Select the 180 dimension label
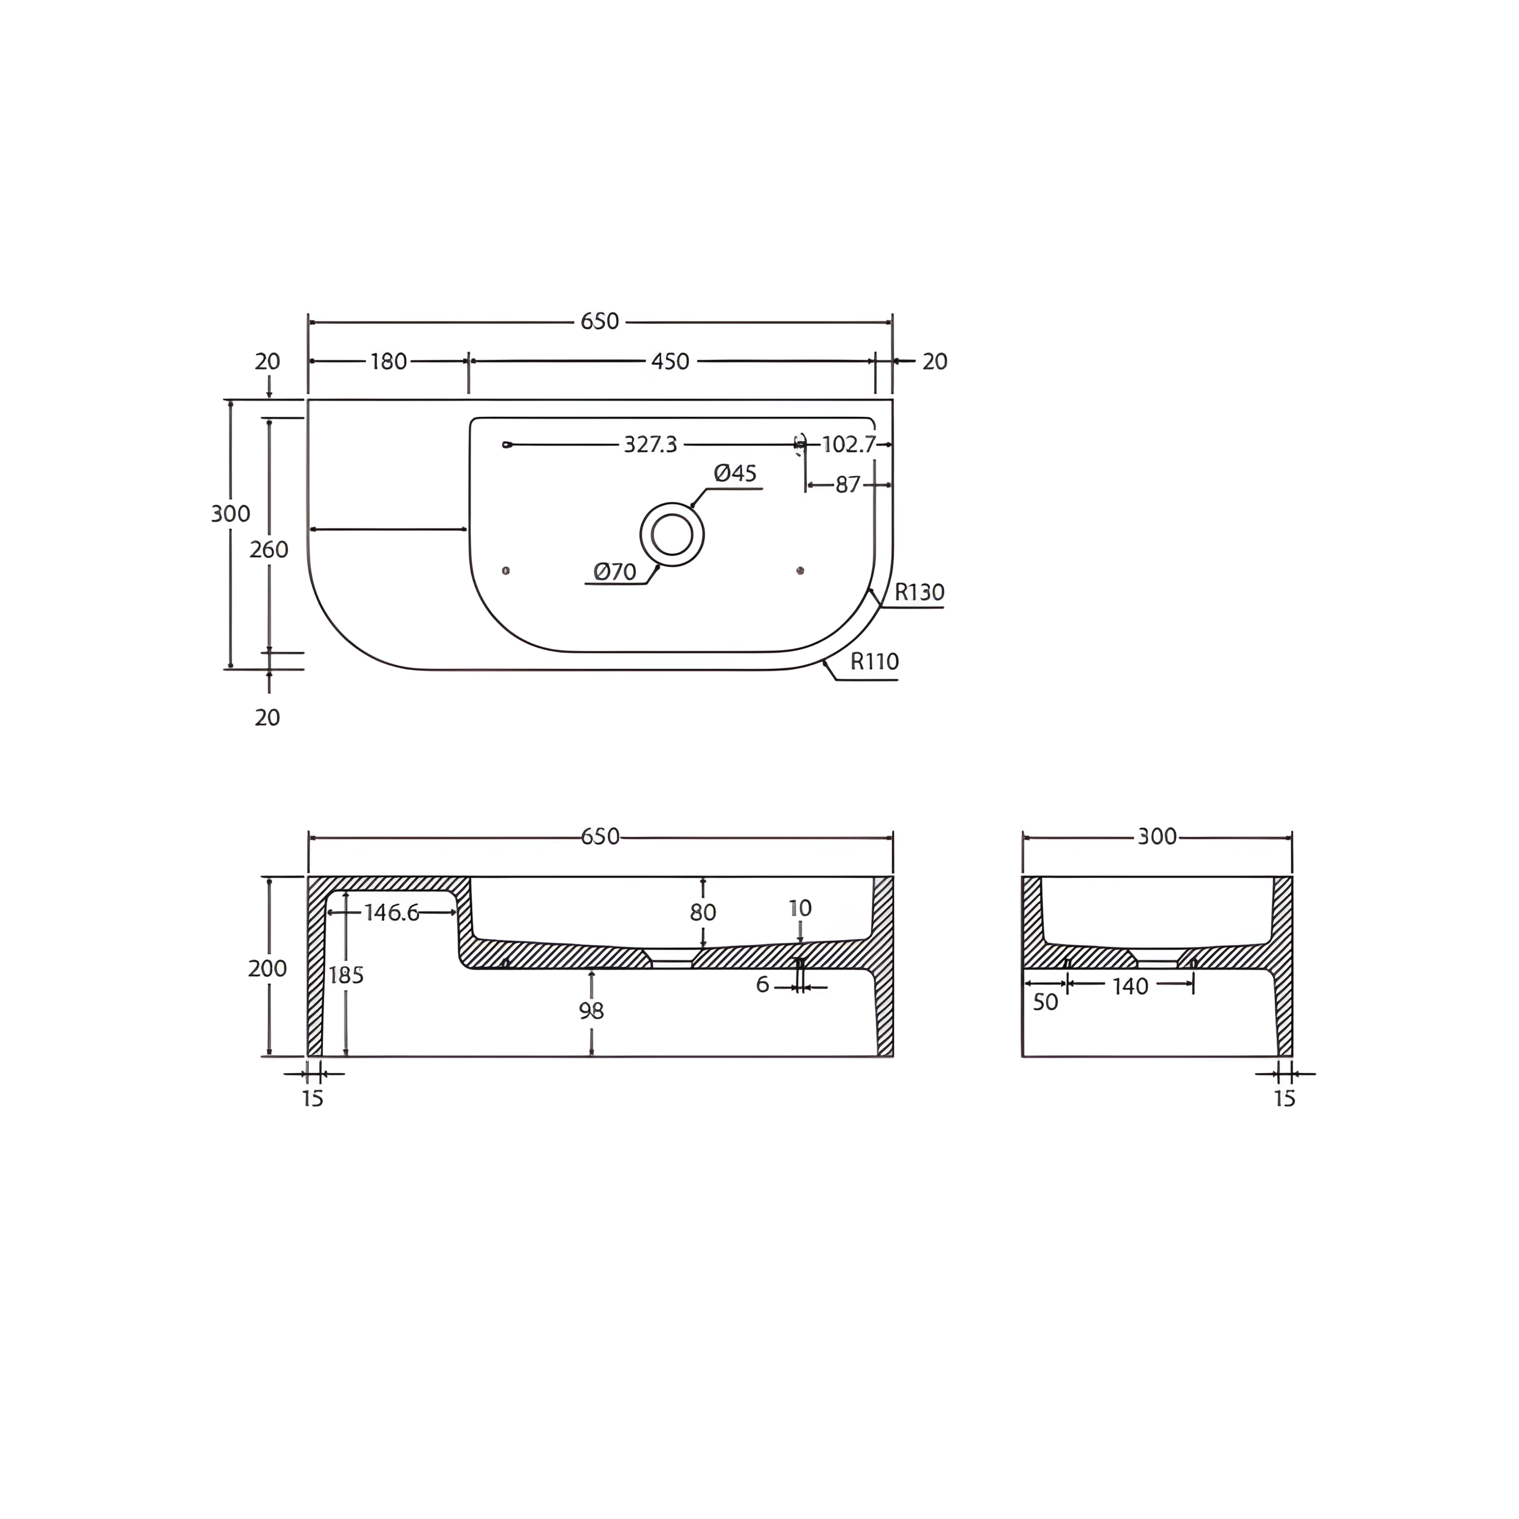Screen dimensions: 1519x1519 click(388, 362)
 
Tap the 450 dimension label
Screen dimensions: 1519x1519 click(670, 362)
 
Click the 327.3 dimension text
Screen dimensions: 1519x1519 click(650, 445)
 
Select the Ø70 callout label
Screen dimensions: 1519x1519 click(615, 572)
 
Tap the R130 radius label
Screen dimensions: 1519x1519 click(919, 592)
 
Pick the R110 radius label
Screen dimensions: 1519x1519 click(874, 661)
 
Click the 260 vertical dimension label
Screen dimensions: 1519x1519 click(269, 549)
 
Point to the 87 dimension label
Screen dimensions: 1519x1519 click(848, 485)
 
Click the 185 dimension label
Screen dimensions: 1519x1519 click(346, 976)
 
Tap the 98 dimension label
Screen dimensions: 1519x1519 click(591, 1011)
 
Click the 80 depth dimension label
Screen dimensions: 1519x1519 click(703, 913)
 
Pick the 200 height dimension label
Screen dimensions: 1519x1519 click(267, 969)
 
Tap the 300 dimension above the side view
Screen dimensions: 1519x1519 click(1157, 837)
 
